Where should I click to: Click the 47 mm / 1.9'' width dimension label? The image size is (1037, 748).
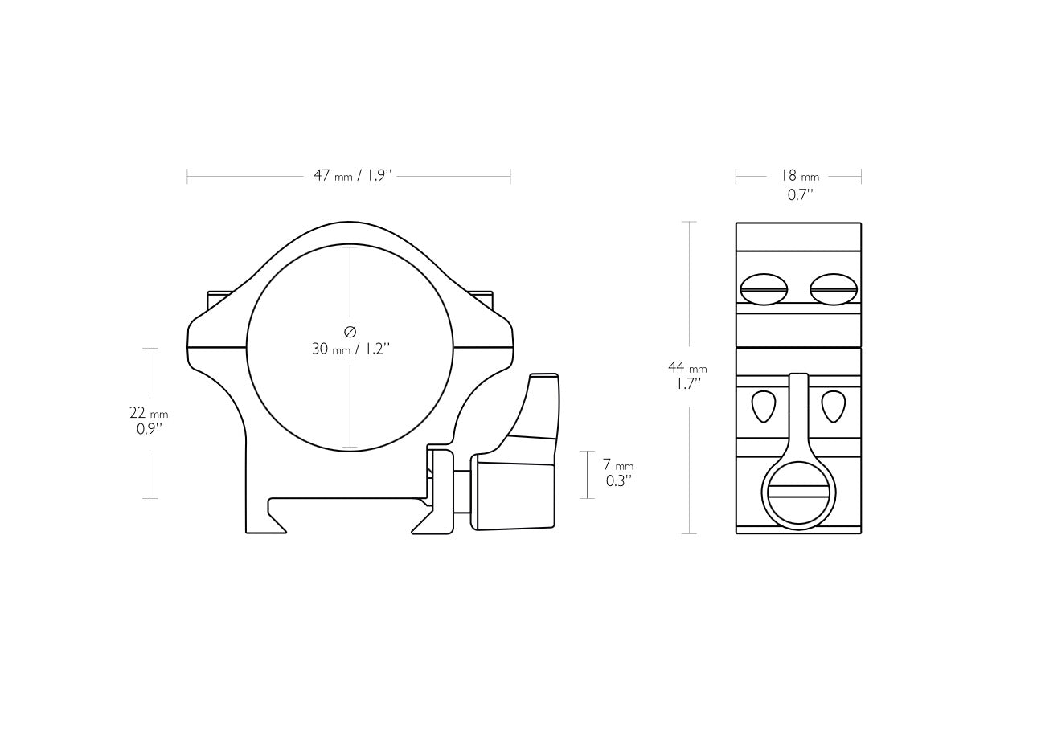click(x=351, y=176)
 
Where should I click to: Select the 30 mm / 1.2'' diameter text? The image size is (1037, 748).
click(x=350, y=349)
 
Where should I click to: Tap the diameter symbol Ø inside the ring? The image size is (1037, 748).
click(x=350, y=332)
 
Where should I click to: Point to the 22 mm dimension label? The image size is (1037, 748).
click(x=149, y=413)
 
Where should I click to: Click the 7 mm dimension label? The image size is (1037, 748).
click(x=617, y=465)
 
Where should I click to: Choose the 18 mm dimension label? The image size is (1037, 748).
click(x=799, y=176)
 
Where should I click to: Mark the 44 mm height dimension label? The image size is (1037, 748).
click(x=687, y=368)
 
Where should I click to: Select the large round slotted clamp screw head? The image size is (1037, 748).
click(x=798, y=494)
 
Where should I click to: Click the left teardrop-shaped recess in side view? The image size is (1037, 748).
click(x=764, y=407)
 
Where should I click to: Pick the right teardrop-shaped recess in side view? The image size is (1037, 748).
click(x=833, y=407)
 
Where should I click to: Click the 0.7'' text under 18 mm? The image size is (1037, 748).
click(x=800, y=194)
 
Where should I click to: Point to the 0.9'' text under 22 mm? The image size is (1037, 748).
click(x=150, y=429)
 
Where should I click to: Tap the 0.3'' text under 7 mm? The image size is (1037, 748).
click(x=617, y=481)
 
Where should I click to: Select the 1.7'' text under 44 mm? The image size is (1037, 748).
click(x=687, y=384)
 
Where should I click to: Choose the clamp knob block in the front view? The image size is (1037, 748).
click(x=515, y=491)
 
